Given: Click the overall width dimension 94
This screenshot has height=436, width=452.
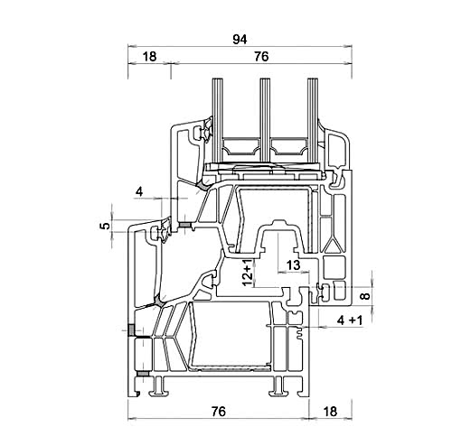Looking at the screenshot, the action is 240,40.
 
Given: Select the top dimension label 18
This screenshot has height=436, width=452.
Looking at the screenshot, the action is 149,57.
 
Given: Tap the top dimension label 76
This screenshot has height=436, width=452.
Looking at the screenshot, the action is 261,57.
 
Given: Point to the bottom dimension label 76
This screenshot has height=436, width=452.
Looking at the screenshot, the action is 218,412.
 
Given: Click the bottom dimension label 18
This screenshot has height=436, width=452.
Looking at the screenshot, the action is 330,412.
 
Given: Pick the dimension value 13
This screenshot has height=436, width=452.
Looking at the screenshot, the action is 293,265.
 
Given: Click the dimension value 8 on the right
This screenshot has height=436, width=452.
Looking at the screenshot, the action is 365,296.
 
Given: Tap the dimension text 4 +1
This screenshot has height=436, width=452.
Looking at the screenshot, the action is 350,320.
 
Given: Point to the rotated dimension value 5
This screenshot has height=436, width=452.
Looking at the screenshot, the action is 105,226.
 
